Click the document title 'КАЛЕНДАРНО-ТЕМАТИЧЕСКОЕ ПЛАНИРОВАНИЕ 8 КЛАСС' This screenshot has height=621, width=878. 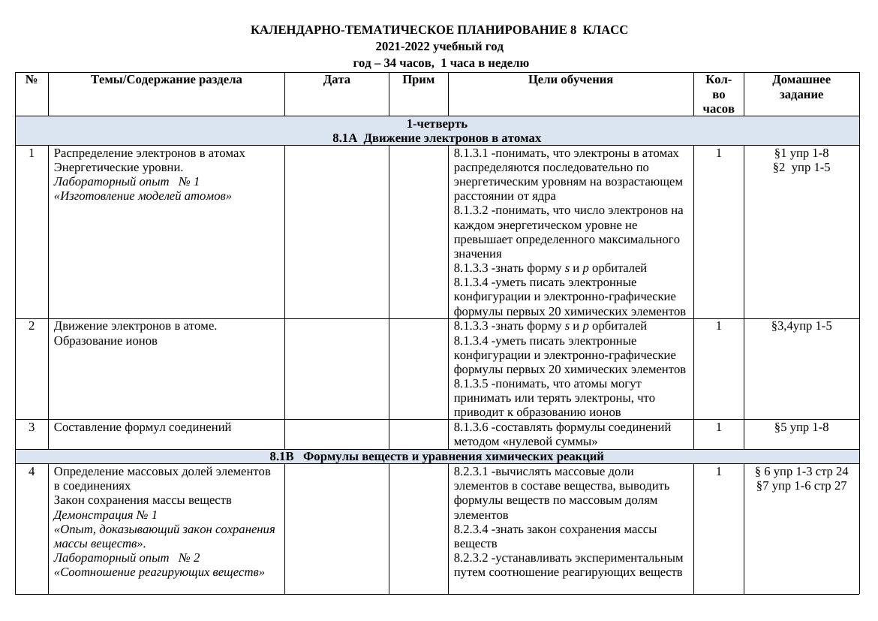coord(439,30)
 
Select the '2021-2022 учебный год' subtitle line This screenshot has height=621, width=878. coord(439,47)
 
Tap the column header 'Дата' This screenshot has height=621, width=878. coord(336,80)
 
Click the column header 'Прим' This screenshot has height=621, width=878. coord(418,80)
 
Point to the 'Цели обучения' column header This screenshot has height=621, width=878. coord(570,80)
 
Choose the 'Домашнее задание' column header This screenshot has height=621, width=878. coord(801,87)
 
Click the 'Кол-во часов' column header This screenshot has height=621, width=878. coord(718,95)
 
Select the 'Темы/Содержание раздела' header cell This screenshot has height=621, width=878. coord(166,80)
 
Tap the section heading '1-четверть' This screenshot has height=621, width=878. coord(437,124)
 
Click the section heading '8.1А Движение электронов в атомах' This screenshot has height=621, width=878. coord(437,138)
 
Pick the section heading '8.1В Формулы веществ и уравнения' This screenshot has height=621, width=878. coord(437,457)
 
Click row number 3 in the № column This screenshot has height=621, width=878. coord(32,427)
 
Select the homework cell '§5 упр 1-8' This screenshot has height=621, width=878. coord(801,427)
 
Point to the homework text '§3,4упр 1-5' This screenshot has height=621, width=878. coord(801,326)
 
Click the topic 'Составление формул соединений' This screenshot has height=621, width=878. coord(143,427)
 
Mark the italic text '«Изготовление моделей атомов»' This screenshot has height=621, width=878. coord(143,196)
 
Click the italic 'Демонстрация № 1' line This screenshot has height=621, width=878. coord(106,515)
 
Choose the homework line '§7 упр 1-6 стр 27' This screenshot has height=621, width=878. coord(801,486)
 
